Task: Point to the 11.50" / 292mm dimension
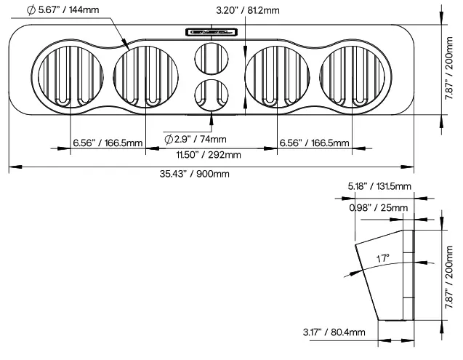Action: pyautogui.click(x=212, y=154)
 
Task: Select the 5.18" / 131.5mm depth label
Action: pyautogui.click(x=379, y=187)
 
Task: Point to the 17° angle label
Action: pyautogui.click(x=383, y=258)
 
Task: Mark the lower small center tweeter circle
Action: pyautogui.click(x=211, y=94)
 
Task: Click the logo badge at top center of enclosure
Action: pyautogui.click(x=212, y=31)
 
